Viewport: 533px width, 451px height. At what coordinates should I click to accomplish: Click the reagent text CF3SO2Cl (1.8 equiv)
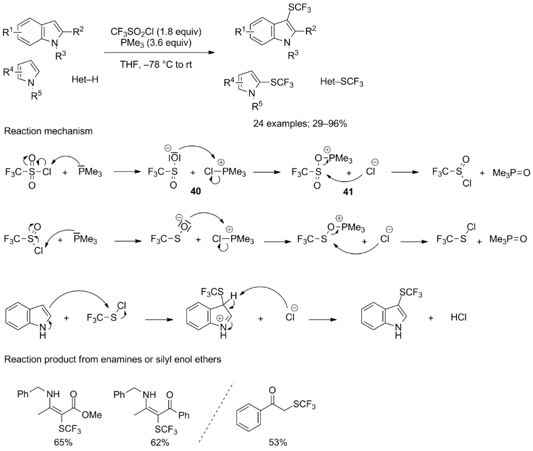click(x=156, y=32)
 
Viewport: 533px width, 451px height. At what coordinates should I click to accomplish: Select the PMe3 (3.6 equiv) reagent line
click(x=156, y=43)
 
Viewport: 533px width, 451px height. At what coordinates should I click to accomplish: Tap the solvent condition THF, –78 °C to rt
click(x=156, y=64)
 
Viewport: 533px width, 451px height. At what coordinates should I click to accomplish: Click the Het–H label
click(x=85, y=80)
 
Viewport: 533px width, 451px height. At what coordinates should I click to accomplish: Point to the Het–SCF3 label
click(x=341, y=82)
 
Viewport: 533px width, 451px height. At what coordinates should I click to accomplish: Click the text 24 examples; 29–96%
click(x=300, y=124)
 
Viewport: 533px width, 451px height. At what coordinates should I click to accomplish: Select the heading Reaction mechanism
click(x=48, y=131)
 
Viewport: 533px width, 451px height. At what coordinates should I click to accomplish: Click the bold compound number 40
click(x=196, y=192)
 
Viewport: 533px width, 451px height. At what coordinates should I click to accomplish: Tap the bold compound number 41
click(x=348, y=192)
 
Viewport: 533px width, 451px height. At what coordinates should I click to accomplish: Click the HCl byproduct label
click(x=459, y=317)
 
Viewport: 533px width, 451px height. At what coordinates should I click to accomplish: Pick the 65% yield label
click(x=63, y=442)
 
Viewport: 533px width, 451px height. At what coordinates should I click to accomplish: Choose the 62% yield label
click(x=160, y=442)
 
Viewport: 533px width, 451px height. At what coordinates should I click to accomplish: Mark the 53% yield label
click(x=278, y=442)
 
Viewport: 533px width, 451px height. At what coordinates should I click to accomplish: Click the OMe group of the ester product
click(x=92, y=415)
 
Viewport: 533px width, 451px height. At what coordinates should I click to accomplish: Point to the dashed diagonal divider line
click(x=217, y=412)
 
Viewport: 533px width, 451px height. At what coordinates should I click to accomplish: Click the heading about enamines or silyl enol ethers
click(x=112, y=359)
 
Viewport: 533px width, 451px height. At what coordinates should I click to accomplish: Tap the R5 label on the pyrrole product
click(x=257, y=106)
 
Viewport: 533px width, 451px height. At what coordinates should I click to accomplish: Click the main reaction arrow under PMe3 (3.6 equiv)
click(x=159, y=53)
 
